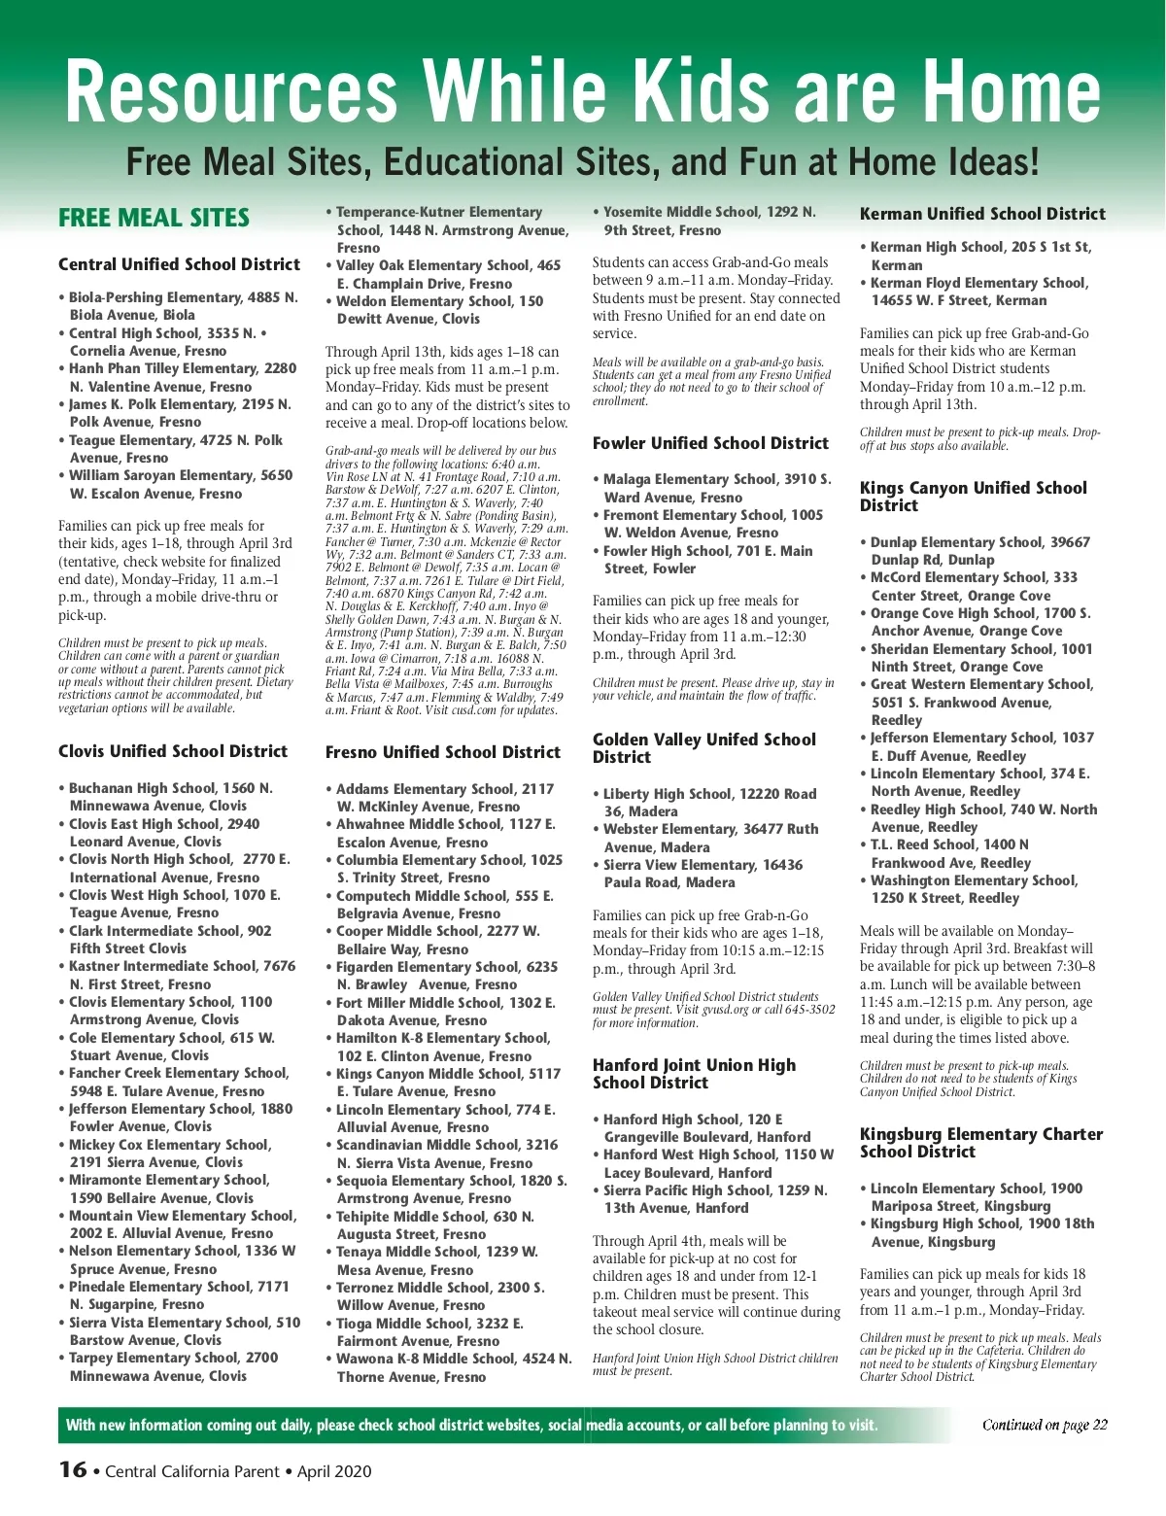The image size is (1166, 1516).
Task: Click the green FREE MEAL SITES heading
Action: [x=154, y=219]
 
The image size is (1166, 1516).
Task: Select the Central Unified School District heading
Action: [x=179, y=264]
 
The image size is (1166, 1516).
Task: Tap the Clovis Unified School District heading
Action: [x=173, y=751]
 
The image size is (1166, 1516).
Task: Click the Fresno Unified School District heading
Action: [x=443, y=752]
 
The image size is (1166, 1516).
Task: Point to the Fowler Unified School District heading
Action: [x=710, y=443]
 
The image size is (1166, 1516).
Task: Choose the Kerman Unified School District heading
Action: [x=982, y=214]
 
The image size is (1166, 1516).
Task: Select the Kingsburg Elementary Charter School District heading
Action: [x=980, y=1143]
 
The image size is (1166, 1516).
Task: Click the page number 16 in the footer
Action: [x=73, y=1469]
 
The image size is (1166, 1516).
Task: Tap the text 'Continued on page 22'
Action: [x=1045, y=1426]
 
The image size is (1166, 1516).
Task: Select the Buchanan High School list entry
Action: [x=170, y=797]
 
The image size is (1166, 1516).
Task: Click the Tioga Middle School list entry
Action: [x=429, y=1332]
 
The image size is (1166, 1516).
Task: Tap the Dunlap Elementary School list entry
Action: [x=979, y=551]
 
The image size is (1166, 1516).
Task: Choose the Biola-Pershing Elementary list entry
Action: [x=183, y=306]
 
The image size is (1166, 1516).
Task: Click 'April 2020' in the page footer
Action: [x=334, y=1471]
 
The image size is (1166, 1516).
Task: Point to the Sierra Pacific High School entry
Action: [x=715, y=1199]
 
